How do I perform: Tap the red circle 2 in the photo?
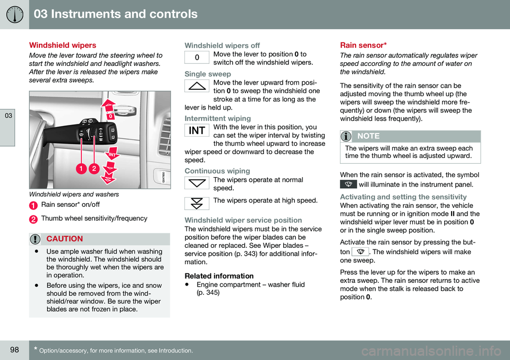[93, 168]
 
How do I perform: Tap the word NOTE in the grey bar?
[369, 136]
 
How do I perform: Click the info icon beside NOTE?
[347, 136]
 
